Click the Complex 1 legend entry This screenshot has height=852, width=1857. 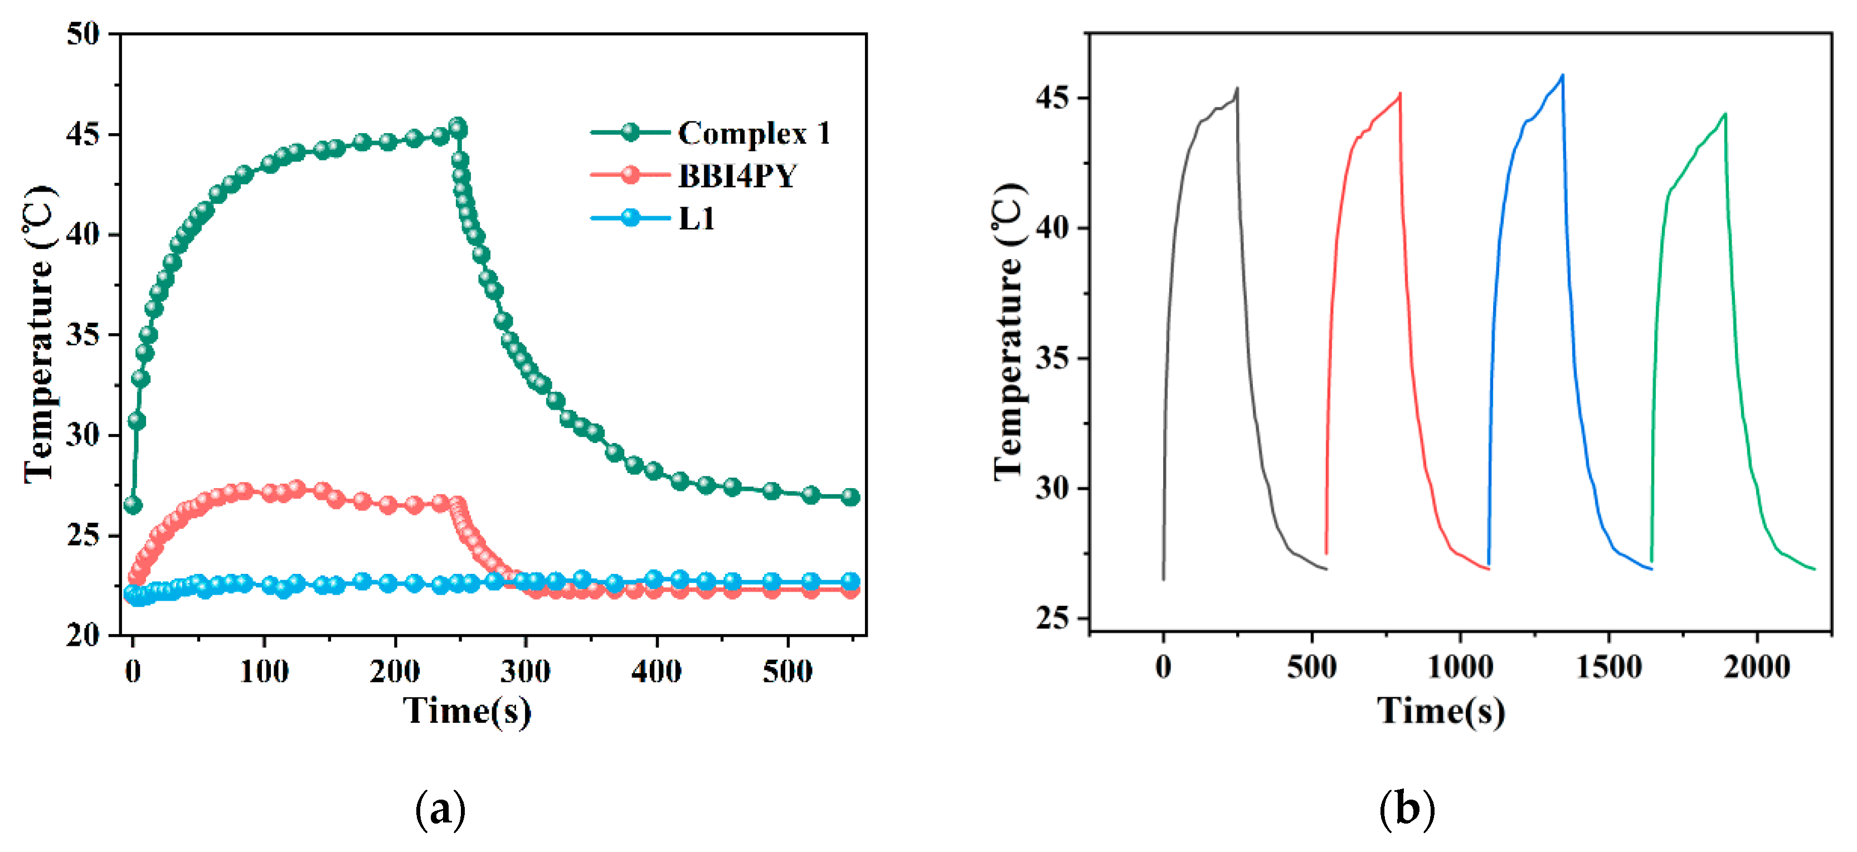754,133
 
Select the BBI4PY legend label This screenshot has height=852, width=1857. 737,176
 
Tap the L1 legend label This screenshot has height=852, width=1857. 697,218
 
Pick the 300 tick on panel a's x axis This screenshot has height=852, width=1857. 526,672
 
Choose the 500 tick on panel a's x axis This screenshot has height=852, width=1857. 787,672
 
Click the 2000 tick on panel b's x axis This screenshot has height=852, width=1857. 1756,668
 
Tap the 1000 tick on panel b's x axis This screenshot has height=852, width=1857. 1460,668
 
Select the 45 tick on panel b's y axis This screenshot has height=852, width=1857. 1052,98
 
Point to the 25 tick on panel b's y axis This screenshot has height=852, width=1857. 1052,619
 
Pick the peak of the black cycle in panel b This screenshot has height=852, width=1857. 1237,88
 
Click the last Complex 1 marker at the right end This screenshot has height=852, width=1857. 850,496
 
